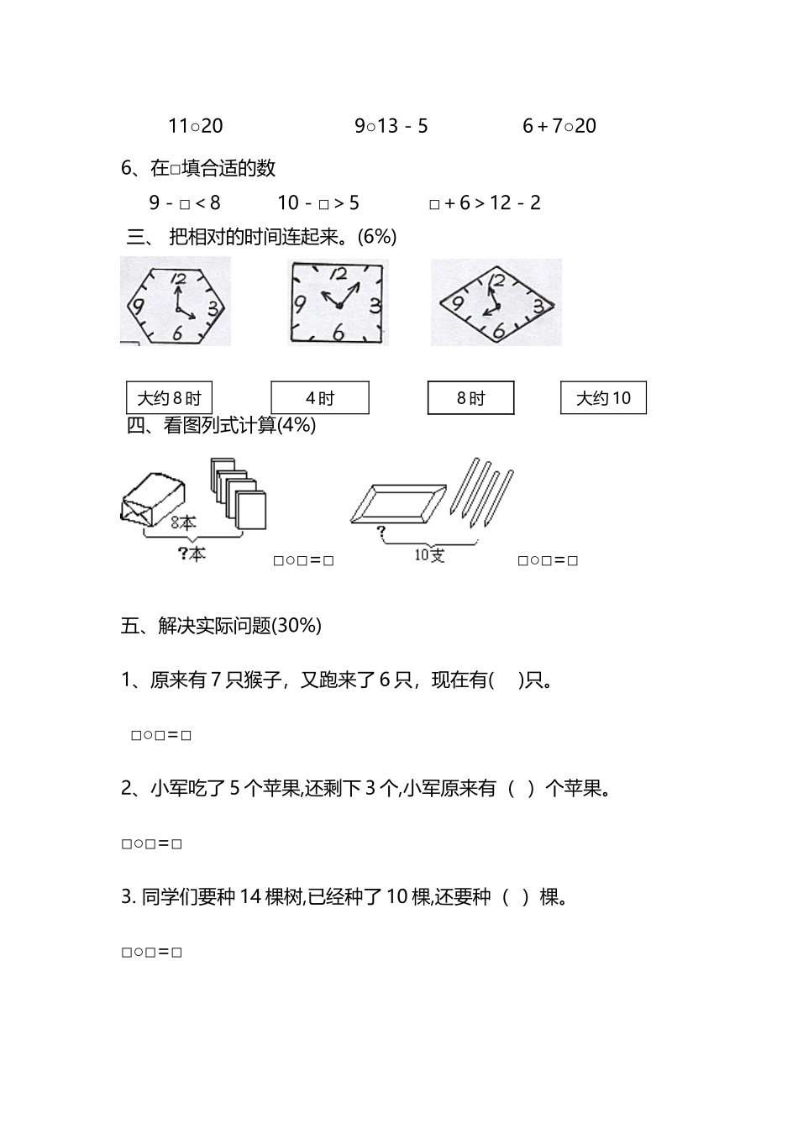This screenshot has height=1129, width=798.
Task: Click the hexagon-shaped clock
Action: [x=176, y=302]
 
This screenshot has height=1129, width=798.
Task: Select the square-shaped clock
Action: [x=338, y=302]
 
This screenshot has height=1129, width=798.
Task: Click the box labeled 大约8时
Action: [x=169, y=398]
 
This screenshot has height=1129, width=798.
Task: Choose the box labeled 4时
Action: [x=320, y=398]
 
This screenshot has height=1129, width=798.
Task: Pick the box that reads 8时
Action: [x=470, y=398]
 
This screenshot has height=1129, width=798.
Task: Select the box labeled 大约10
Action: [x=603, y=398]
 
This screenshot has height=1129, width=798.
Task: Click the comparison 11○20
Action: [x=196, y=126]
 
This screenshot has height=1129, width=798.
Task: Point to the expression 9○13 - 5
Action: [x=391, y=126]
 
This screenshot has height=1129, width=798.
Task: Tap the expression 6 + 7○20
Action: [x=559, y=126]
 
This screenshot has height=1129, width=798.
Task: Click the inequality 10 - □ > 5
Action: [x=318, y=202]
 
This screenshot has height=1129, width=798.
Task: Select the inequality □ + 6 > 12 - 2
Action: [x=486, y=202]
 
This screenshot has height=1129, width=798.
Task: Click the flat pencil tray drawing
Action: [x=398, y=503]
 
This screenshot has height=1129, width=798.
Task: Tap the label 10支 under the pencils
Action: [x=429, y=555]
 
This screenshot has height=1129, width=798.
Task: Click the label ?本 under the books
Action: [x=192, y=554]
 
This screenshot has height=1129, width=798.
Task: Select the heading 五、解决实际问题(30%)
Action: [x=222, y=626]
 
